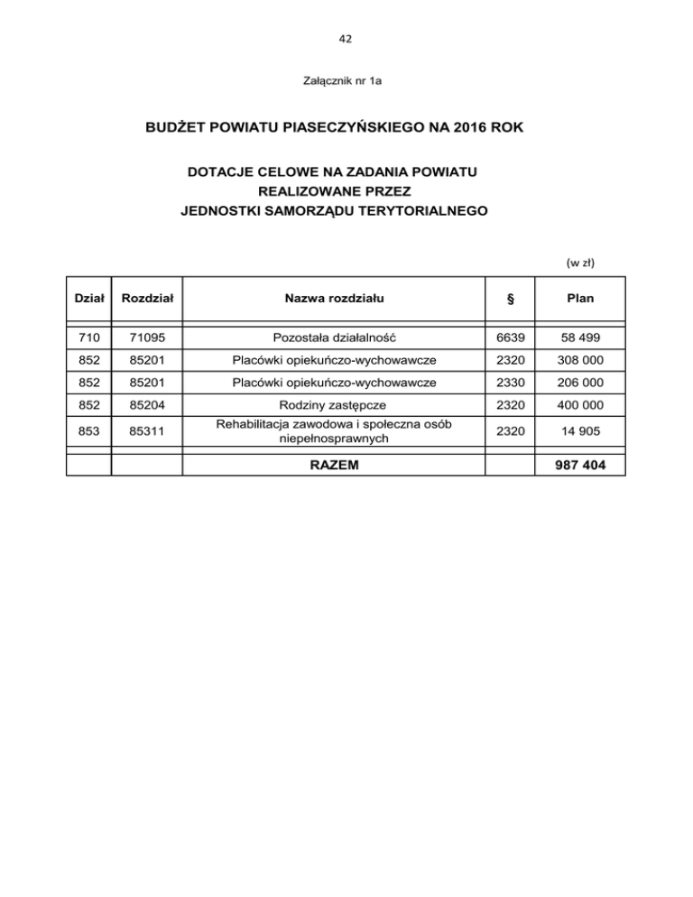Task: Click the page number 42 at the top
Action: pos(346,39)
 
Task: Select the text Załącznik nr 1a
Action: pos(346,82)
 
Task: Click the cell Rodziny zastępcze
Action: pos(333,403)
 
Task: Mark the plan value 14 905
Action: pos(579,431)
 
